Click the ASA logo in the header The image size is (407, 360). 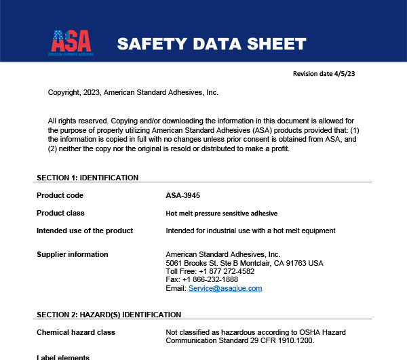(x=71, y=41)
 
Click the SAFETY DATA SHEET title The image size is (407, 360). (x=211, y=44)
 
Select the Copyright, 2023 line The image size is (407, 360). (x=133, y=92)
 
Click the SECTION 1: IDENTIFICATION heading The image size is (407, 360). (x=87, y=178)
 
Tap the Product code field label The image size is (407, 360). (x=60, y=195)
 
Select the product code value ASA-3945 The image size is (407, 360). (x=182, y=195)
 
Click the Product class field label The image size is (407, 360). (x=60, y=213)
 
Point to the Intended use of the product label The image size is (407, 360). (x=84, y=231)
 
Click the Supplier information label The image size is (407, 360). (x=72, y=254)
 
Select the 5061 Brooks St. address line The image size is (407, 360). (x=244, y=262)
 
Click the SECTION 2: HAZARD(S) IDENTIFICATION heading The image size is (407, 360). (x=109, y=315)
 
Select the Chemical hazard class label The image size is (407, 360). (x=75, y=332)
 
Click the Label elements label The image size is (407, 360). (x=62, y=357)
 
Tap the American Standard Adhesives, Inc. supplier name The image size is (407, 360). (x=222, y=254)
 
